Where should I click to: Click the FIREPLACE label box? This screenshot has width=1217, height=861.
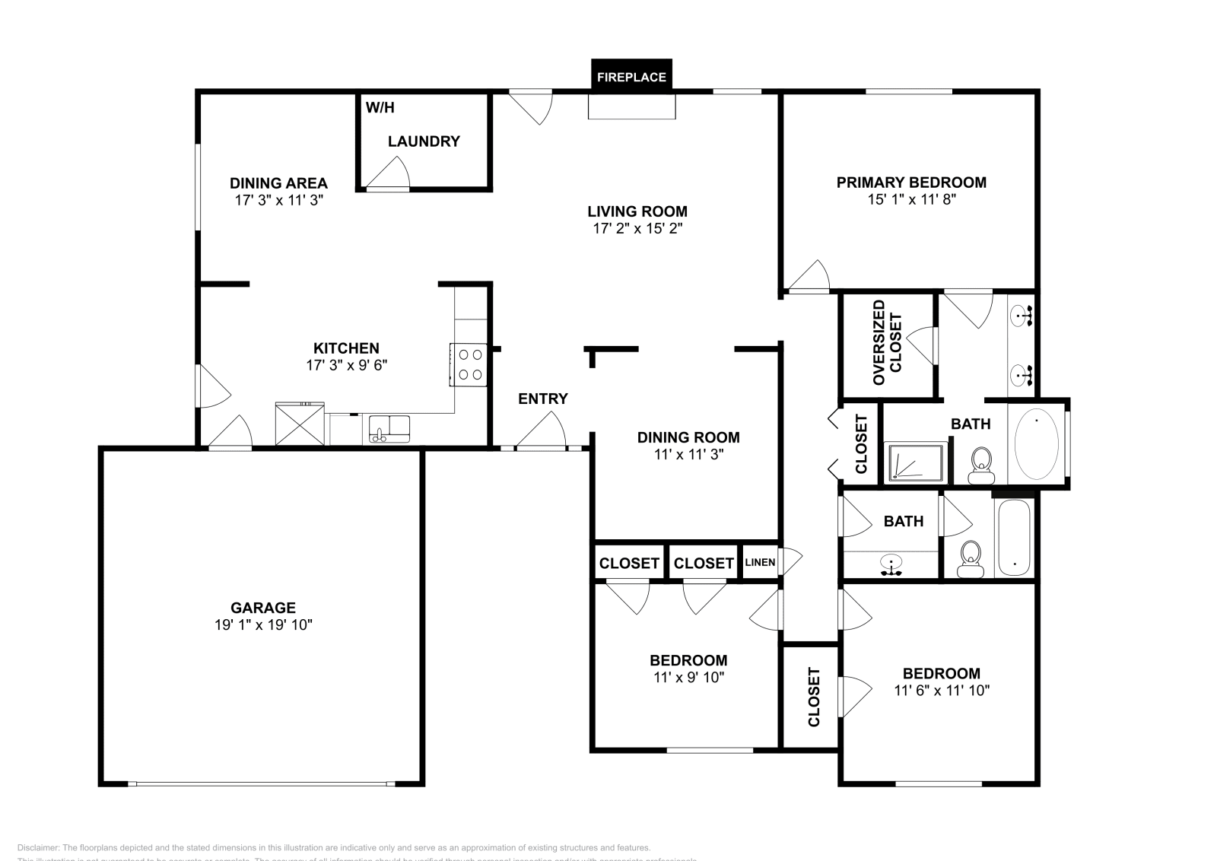(x=631, y=77)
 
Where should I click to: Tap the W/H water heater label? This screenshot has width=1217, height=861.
(x=380, y=107)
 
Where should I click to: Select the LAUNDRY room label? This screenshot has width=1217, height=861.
(x=424, y=141)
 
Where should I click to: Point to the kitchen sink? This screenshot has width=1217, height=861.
(x=389, y=430)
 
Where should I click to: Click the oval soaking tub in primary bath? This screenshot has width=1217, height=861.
(x=1036, y=443)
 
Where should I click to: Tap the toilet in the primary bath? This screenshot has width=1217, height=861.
(x=981, y=465)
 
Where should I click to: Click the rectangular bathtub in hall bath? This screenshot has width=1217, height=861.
(x=1013, y=537)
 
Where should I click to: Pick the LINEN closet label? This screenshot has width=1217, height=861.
(x=760, y=563)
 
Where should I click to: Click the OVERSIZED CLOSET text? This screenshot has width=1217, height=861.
(x=887, y=342)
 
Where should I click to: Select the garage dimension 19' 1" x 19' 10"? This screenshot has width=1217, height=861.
(x=263, y=625)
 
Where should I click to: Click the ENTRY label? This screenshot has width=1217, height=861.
(x=543, y=399)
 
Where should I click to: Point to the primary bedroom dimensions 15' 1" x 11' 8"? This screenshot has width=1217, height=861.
(x=911, y=199)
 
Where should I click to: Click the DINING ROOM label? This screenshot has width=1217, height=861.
(x=688, y=437)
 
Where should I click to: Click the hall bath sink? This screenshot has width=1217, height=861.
(x=891, y=564)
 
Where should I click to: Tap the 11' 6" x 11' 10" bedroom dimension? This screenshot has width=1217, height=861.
(x=942, y=691)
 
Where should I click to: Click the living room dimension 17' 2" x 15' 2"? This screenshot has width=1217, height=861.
(x=637, y=228)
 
